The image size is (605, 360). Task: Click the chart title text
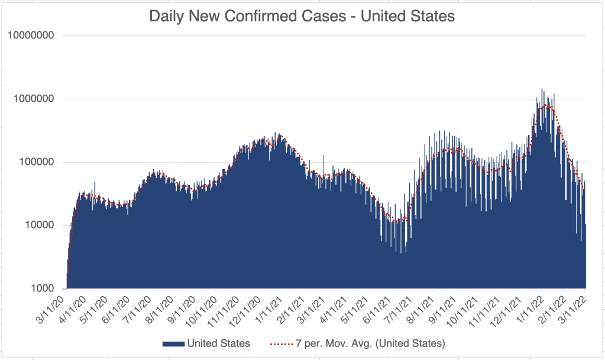[302, 16]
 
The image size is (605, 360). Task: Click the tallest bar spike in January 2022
[542, 90]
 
